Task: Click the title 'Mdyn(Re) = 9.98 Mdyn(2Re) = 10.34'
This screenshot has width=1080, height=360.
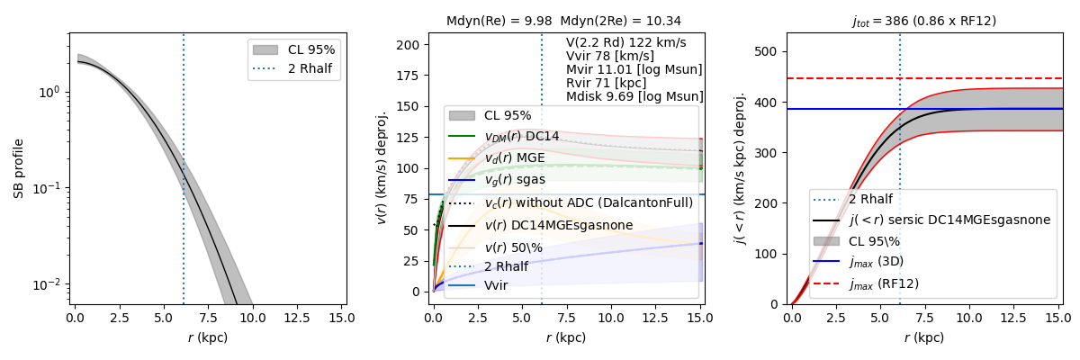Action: pos(563,21)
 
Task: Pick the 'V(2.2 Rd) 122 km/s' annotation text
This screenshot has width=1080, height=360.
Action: pos(626,43)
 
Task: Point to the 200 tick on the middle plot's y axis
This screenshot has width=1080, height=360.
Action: pos(411,45)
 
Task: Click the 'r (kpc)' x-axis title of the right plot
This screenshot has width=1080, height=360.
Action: pos(923,338)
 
